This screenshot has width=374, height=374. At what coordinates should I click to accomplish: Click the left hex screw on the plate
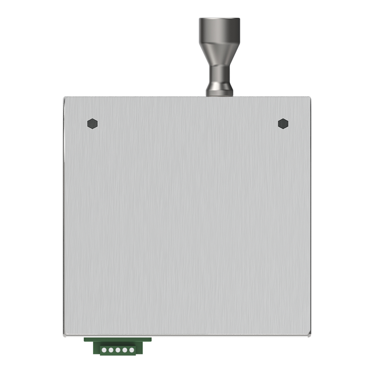tap(93, 123)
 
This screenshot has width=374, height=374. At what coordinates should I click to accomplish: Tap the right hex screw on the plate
tap(283, 123)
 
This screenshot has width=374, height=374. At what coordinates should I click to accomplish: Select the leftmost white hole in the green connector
tap(104, 349)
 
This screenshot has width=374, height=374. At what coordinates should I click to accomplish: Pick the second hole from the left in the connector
tap(111, 349)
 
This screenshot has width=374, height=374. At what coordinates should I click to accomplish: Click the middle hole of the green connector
tap(117, 349)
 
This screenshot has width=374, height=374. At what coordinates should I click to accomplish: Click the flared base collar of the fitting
tap(219, 90)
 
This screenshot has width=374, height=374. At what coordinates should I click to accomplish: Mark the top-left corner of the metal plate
tap(65, 98)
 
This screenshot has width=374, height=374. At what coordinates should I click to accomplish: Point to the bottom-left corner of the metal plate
tap(65, 335)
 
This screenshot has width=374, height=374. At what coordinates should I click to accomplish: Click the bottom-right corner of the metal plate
tap(310, 335)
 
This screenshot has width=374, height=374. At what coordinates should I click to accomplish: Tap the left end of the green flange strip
tap(86, 339)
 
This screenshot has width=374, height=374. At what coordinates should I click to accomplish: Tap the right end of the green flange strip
tap(150, 339)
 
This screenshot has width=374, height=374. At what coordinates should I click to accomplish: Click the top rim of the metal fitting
tap(219, 19)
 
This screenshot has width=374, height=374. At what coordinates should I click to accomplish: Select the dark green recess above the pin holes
tap(117, 344)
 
